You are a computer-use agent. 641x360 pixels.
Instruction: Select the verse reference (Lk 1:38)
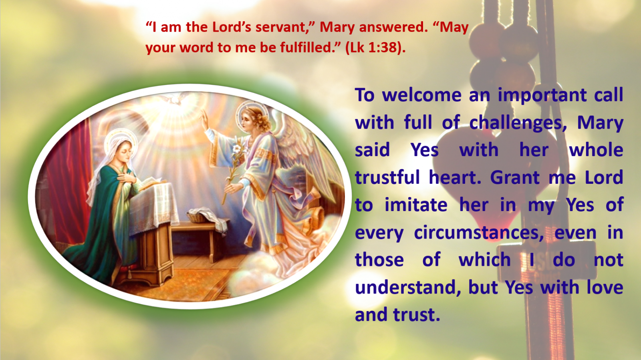(375, 48)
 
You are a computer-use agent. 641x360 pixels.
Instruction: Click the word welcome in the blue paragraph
(421, 95)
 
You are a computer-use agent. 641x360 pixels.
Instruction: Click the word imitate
(416, 205)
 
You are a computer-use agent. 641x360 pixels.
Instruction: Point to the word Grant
(515, 178)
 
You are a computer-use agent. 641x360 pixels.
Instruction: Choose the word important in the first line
(542, 95)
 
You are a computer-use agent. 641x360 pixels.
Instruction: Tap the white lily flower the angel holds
(237, 149)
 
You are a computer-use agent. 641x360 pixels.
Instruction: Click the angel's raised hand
(204, 119)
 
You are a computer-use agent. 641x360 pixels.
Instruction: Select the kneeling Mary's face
(125, 151)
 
